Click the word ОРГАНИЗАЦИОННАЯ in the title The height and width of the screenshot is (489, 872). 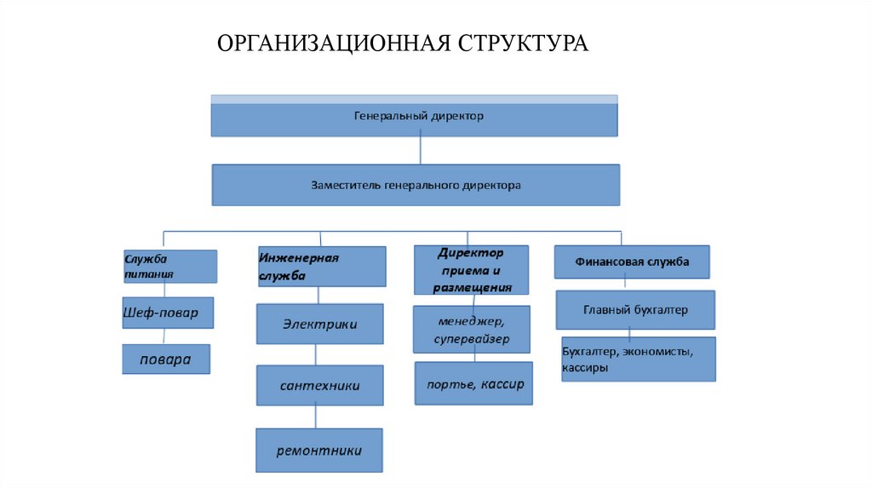[333, 43]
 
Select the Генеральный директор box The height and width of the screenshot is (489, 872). [414, 117]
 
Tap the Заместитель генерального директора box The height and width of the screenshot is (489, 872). [416, 185]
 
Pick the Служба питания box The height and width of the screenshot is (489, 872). [169, 266]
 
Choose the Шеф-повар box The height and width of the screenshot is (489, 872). [166, 313]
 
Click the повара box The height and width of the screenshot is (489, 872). [166, 360]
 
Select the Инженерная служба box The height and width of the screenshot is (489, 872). [321, 267]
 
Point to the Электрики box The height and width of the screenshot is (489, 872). [319, 325]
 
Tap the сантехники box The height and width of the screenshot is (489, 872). [319, 385]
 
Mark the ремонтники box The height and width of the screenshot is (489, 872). [319, 451]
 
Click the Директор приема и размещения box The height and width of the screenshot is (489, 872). [471, 270]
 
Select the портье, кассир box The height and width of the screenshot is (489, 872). [474, 384]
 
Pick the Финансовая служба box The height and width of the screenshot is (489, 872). [632, 262]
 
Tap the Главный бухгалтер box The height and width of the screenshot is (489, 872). [635, 310]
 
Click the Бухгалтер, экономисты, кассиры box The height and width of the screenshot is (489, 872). [638, 359]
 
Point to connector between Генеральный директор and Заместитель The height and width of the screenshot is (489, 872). [419, 150]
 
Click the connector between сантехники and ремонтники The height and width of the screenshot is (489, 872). [317, 417]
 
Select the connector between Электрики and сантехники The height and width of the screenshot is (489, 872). [317, 354]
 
